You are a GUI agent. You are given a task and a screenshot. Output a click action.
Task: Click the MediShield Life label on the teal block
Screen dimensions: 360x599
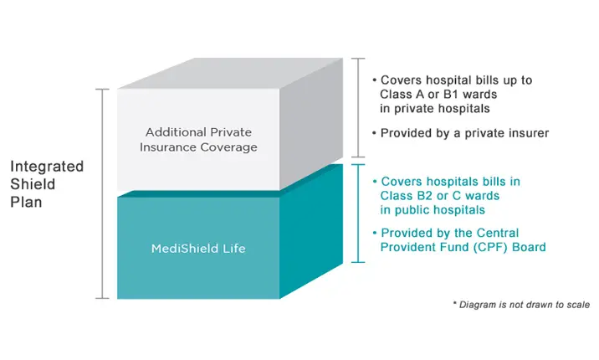pos(198,249)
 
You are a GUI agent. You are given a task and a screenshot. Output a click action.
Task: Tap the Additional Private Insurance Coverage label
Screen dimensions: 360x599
pos(198,140)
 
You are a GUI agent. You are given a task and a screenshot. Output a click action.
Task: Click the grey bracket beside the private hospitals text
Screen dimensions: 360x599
pos(358,107)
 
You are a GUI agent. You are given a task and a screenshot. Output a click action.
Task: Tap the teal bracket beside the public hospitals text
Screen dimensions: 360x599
pos(358,213)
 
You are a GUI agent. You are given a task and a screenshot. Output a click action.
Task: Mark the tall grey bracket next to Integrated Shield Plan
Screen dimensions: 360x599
pos(103,193)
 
